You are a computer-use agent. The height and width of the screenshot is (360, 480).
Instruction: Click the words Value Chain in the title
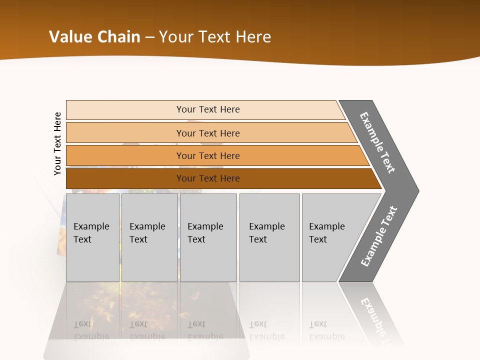94,37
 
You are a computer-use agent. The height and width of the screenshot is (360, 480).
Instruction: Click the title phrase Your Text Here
215,37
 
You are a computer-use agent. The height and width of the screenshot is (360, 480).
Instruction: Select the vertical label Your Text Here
57,143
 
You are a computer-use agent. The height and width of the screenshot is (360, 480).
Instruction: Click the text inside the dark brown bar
208,178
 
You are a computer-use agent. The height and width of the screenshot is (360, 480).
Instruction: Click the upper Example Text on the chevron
377,142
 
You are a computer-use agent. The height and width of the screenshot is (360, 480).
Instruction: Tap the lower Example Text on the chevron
378,236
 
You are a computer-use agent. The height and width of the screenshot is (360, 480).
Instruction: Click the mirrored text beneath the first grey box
91,330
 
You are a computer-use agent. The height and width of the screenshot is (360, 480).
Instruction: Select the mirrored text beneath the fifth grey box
326,330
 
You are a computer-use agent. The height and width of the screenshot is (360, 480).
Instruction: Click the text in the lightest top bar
208,109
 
